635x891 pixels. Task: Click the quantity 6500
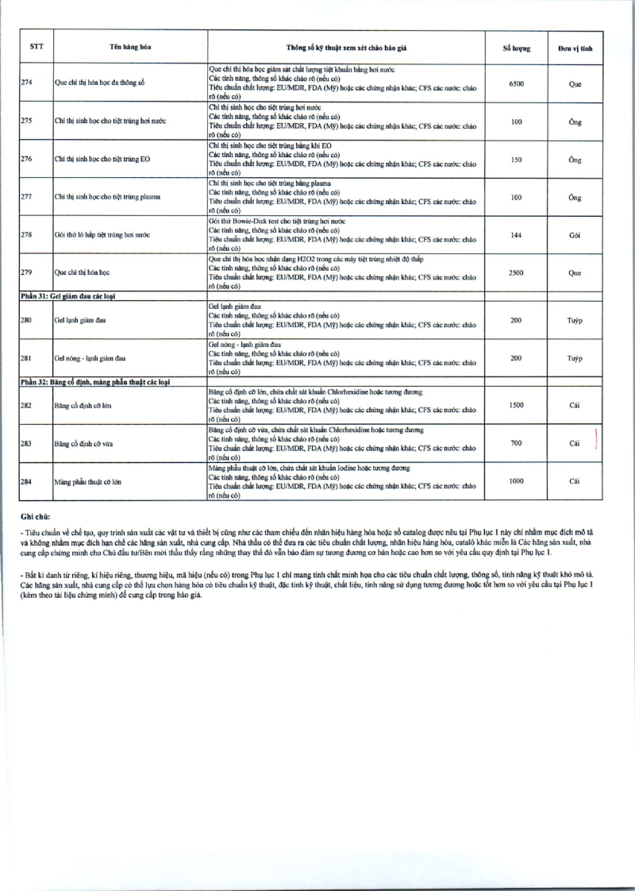click(x=516, y=83)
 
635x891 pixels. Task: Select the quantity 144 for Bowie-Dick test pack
click(x=516, y=235)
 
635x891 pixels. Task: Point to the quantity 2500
click(x=516, y=272)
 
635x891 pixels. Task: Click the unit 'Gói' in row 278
click(x=575, y=235)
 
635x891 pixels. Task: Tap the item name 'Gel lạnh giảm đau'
click(x=79, y=320)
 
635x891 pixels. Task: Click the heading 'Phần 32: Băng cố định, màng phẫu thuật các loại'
click(x=107, y=382)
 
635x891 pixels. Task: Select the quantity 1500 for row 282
click(x=516, y=406)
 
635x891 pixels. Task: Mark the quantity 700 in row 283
click(x=516, y=443)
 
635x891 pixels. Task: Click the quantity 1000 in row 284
click(x=516, y=481)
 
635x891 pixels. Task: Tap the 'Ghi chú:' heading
click(x=36, y=515)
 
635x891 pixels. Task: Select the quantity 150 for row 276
click(x=516, y=159)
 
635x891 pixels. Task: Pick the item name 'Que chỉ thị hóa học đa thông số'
click(x=100, y=83)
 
